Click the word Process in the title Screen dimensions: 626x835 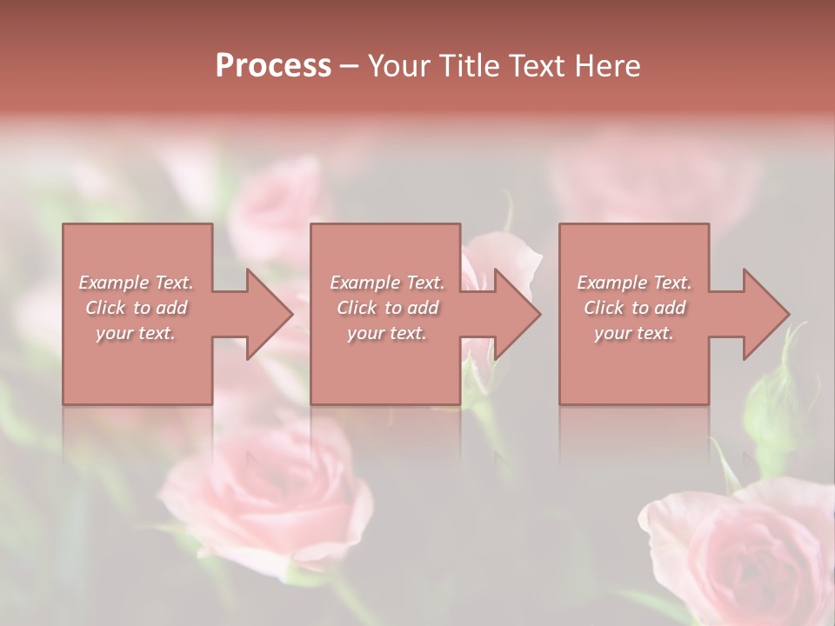(273, 65)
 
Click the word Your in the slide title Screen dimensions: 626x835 (399, 65)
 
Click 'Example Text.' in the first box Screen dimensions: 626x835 (136, 283)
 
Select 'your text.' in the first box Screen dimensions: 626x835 (136, 333)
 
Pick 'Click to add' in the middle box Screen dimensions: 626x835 (387, 308)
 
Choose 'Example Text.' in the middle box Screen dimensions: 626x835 (387, 283)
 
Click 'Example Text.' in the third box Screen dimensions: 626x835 (634, 283)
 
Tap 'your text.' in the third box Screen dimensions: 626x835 (634, 333)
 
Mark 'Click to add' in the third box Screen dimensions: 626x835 (634, 308)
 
